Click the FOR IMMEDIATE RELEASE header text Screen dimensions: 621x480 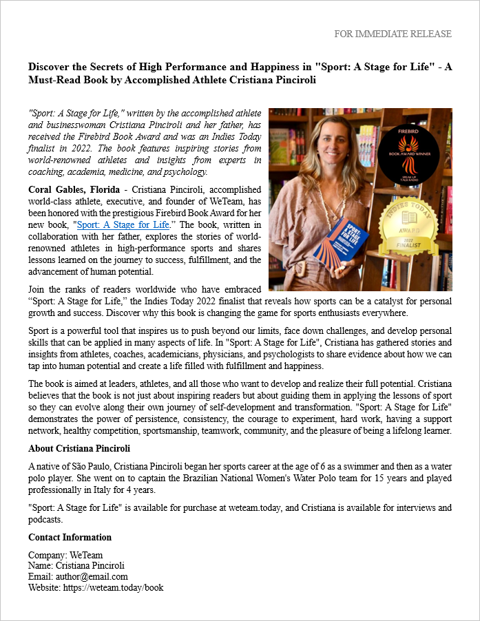click(x=393, y=34)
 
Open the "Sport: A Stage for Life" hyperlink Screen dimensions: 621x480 click(x=123, y=224)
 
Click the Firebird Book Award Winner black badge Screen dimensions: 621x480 click(x=418, y=154)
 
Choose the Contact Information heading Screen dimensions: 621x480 click(x=70, y=537)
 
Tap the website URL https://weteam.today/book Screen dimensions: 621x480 click(x=114, y=587)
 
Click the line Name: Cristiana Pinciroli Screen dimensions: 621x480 click(x=76, y=566)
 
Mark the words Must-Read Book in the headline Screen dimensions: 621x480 click(x=65, y=80)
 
